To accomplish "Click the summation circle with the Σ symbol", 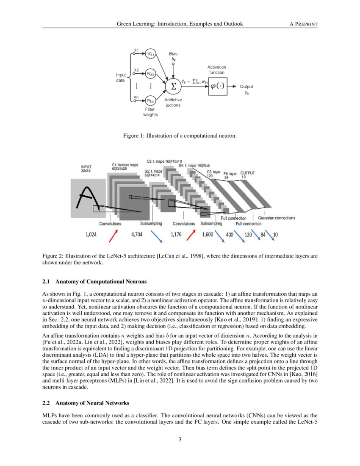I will pos(172,86).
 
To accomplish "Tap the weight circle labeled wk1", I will pos(150,54).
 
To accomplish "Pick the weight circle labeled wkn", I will pos(150,101).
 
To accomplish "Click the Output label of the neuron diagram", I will pos(246,86).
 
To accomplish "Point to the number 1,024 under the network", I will pos(92,235).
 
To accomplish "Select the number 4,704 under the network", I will pos(137,235).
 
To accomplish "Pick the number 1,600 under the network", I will pos(208,235).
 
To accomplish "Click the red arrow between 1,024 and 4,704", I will pos(114,235).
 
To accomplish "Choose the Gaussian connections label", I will pos(277,218).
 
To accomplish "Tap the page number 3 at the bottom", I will pos(180,439).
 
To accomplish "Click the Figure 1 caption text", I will pos(180,136).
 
